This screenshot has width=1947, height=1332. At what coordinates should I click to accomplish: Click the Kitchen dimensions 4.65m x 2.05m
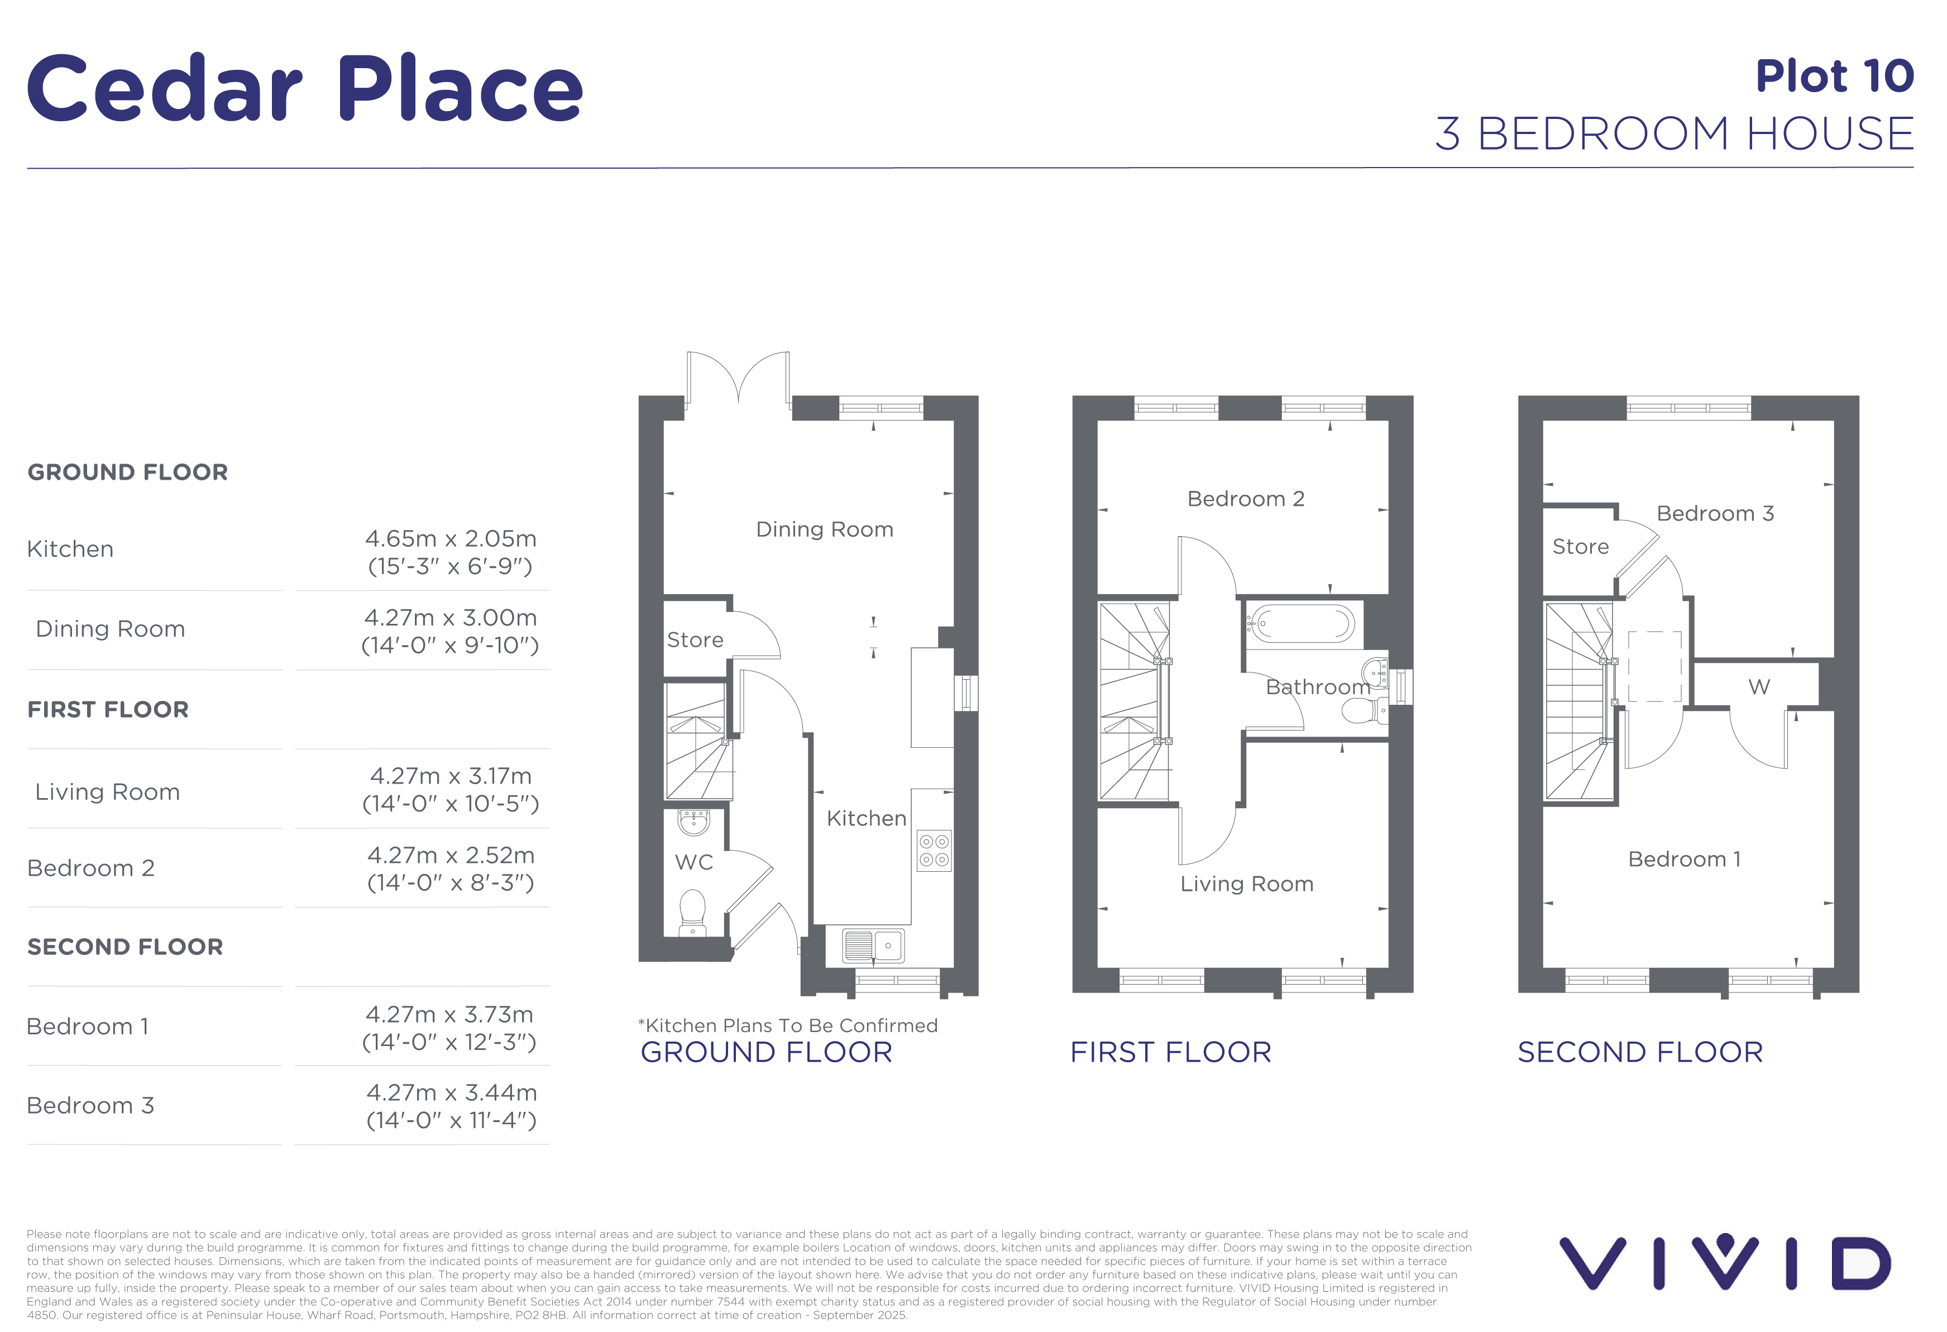(x=451, y=538)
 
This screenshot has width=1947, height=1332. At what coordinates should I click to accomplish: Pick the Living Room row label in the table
(x=107, y=792)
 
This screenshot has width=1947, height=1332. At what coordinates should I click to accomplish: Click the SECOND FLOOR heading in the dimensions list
(x=125, y=947)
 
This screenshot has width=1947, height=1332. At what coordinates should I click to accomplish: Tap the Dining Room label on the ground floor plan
(x=824, y=529)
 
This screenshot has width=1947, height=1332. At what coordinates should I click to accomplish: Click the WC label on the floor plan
(x=693, y=862)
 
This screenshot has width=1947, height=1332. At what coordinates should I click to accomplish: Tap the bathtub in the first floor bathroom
(x=1301, y=624)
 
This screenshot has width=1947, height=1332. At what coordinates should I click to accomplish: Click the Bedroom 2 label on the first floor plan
(x=1246, y=499)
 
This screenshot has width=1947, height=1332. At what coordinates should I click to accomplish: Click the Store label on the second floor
(x=1580, y=547)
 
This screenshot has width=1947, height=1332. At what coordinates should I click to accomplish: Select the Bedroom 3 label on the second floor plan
(x=1715, y=514)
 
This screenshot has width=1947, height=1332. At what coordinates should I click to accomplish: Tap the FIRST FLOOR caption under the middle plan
(x=1170, y=1052)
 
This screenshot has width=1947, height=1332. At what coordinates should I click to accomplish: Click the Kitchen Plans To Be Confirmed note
(x=787, y=1025)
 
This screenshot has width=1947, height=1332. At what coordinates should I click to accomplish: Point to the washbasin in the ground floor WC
(x=693, y=822)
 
